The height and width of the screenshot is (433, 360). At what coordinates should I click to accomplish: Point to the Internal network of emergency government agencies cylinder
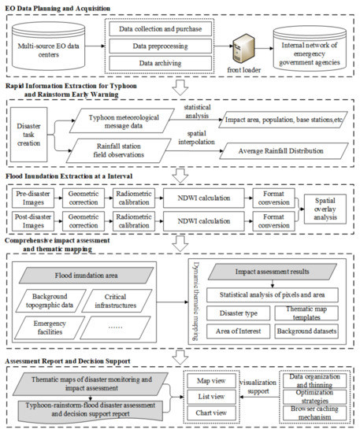pyautogui.click(x=310, y=46)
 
